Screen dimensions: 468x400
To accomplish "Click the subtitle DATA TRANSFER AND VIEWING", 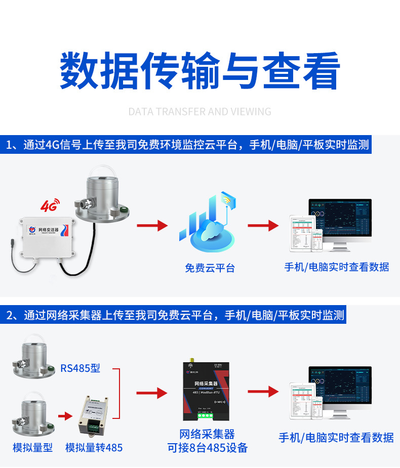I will tap(199, 111).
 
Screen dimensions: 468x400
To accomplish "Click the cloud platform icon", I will tap(208, 223).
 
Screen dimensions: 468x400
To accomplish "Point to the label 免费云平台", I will tap(210, 268).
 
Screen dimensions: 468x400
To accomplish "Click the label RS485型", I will tap(80, 368).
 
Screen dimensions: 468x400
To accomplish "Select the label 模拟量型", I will tap(32, 448).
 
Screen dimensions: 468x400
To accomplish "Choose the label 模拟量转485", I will tap(94, 448).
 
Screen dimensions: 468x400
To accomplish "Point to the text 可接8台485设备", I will tap(208, 448).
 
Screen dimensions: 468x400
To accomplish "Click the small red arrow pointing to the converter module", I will tap(65, 416).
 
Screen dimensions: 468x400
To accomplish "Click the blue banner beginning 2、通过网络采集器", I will tap(175, 315).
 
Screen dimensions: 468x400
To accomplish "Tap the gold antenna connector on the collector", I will tap(192, 360).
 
